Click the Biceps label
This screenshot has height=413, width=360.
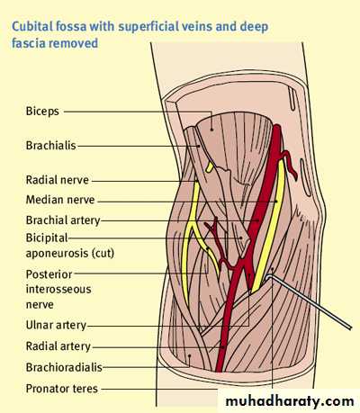click(42, 112)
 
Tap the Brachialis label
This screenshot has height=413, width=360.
click(51, 146)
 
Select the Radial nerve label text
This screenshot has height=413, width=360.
click(58, 180)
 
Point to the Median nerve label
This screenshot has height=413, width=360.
click(60, 200)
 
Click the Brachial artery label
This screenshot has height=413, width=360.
click(63, 220)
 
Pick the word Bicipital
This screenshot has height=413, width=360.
click(47, 238)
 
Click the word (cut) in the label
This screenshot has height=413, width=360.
click(103, 254)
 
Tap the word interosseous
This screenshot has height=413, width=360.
click(58, 290)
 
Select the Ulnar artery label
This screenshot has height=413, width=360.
click(56, 325)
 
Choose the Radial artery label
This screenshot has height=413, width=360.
click(58, 346)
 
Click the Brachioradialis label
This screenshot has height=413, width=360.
click(64, 367)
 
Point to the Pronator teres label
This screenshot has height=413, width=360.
click(62, 389)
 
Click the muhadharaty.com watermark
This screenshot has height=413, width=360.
click(290, 401)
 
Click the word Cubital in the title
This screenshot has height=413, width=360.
click(32, 26)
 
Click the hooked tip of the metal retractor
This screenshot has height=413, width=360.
click(268, 278)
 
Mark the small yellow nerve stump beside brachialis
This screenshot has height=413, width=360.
click(210, 167)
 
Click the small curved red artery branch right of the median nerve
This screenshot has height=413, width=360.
click(289, 163)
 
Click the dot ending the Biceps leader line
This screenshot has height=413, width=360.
click(211, 130)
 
